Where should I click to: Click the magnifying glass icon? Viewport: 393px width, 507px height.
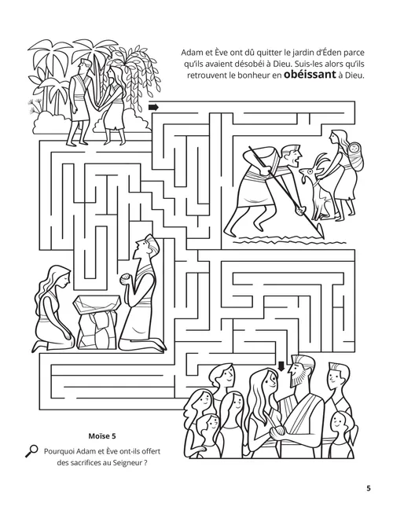(31, 450)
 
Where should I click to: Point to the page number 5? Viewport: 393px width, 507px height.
(368, 488)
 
